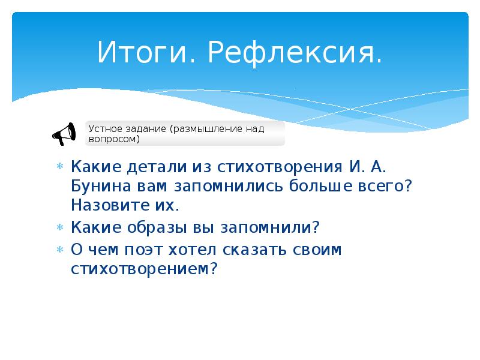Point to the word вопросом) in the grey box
114,139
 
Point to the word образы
154,227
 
